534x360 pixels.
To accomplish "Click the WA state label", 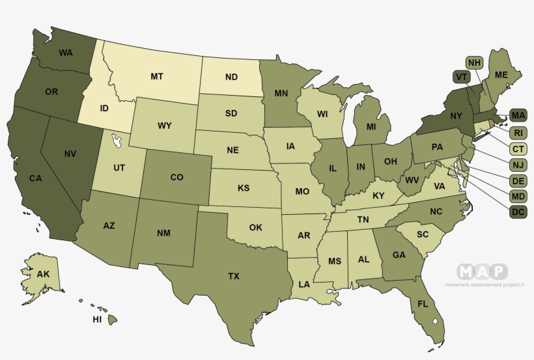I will pos(65,52).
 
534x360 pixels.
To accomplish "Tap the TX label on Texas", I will pos(234,276).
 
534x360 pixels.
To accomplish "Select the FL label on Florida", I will pos(423,304).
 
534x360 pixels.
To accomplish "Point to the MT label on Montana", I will pos(156,76).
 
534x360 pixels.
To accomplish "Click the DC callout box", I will pos(518,212).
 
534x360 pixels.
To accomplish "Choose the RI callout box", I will pos(518,132).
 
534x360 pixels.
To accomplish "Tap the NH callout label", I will pos(475,62).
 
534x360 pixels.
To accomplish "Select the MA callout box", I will pos(518,116).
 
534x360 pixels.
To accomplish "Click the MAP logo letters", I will pos(482,271).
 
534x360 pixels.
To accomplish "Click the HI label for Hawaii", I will pos(97,320).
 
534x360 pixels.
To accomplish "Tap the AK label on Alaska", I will pos(43,274).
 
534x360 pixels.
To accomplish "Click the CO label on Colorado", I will pos(176,177).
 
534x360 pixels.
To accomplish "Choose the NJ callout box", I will pos(518,164).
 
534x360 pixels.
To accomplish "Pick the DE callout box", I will pos(518,180).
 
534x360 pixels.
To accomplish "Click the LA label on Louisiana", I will pos(304,284).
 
